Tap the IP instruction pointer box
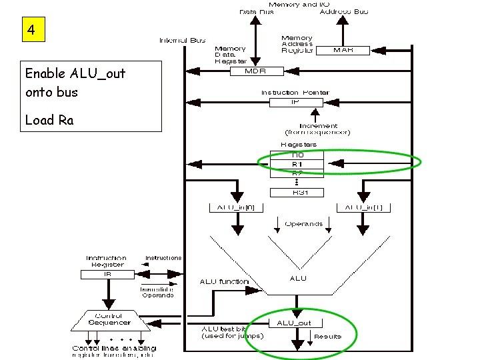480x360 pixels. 296,103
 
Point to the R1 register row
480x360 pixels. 296,164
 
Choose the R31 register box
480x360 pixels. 296,192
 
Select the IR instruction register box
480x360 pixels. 107,274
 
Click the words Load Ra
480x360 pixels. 49,120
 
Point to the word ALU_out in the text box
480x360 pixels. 97,73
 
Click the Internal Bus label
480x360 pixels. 182,41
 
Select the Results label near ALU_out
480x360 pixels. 327,337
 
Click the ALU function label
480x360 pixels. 224,282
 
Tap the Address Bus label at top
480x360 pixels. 343,12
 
